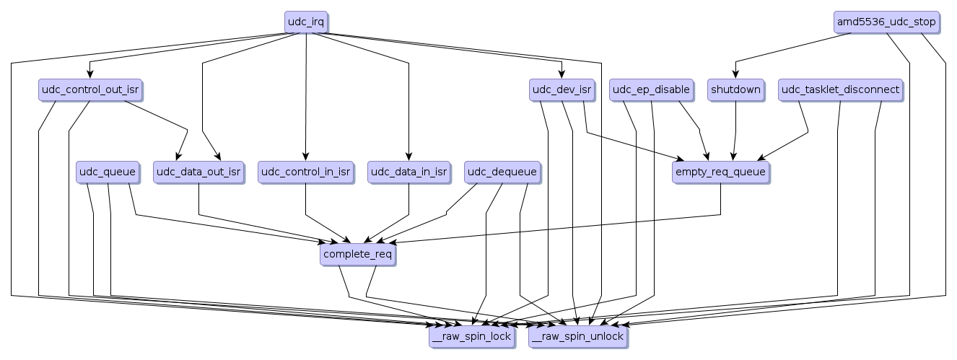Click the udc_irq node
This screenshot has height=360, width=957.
pyautogui.click(x=306, y=22)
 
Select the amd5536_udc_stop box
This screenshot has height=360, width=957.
pyautogui.click(x=886, y=22)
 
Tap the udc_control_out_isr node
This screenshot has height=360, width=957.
pyautogui.click(x=90, y=90)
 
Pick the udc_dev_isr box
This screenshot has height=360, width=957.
pyautogui.click(x=561, y=90)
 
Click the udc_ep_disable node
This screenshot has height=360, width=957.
pyautogui.click(x=651, y=90)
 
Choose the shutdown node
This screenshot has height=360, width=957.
pyautogui.click(x=735, y=90)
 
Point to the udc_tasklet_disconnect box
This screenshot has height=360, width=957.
pyautogui.click(x=841, y=90)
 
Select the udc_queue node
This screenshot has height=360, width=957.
pyautogui.click(x=107, y=172)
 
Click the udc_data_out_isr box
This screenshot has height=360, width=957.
pyautogui.click(x=198, y=172)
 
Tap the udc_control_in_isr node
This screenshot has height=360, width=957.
pyautogui.click(x=306, y=172)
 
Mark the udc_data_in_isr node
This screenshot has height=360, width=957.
pyautogui.click(x=408, y=172)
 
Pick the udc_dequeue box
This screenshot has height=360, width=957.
pyautogui.click(x=502, y=172)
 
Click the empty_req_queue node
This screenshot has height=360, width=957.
pyautogui.click(x=720, y=172)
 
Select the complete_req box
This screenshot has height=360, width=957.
pyautogui.click(x=358, y=254)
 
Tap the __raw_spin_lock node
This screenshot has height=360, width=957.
pyautogui.click(x=471, y=336)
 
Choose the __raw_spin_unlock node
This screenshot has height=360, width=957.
pyautogui.click(x=577, y=336)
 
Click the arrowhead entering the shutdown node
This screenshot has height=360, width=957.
pyautogui.click(x=735, y=75)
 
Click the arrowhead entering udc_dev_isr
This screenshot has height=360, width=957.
pyautogui.click(x=561, y=75)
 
